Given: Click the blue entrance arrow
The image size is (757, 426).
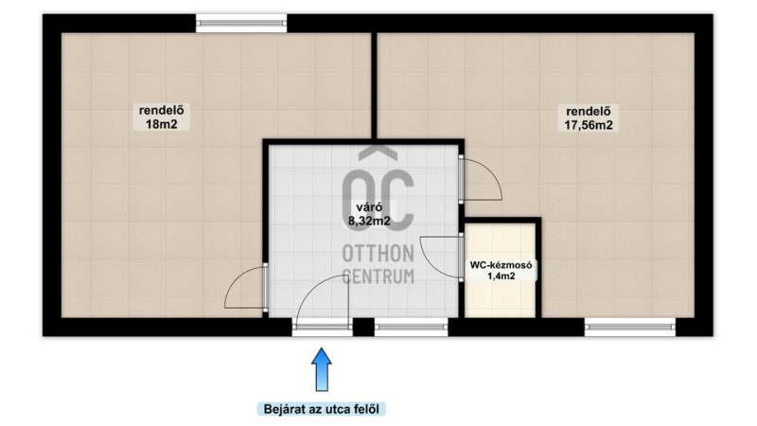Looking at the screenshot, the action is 322,369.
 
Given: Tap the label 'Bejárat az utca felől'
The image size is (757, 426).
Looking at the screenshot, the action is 322,409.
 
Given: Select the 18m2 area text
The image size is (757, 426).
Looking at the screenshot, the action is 162,124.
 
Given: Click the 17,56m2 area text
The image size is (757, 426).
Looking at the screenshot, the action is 589,125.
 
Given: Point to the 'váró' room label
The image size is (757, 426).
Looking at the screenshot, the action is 369,207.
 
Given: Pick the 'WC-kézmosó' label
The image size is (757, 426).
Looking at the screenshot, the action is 502,265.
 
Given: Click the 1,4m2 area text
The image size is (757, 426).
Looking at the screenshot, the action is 502,276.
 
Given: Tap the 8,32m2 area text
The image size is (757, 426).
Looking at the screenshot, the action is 369,222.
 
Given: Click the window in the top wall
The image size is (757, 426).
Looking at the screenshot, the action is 241,23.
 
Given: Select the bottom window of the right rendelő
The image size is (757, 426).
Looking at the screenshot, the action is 630,327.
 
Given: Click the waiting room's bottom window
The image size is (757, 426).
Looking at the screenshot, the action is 412,327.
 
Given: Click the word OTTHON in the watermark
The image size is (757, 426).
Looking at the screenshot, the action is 378,254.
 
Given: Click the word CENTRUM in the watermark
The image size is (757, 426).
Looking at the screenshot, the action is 378,276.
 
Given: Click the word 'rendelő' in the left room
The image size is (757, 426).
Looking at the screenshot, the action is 162,110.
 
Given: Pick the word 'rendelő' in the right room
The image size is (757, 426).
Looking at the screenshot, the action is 589,111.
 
